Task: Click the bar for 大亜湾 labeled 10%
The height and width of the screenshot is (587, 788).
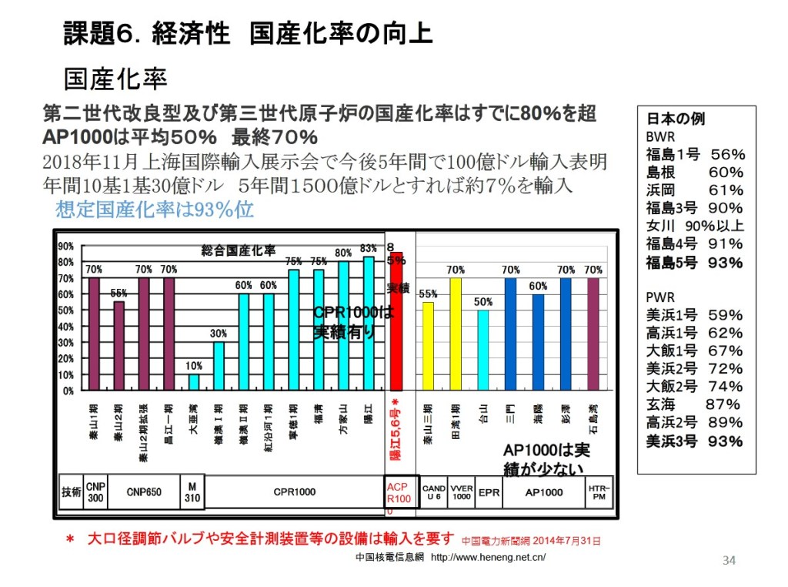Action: click(x=194, y=382)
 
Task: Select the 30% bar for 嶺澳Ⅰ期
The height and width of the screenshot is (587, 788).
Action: click(x=219, y=366)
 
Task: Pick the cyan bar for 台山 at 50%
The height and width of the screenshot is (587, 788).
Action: click(x=482, y=350)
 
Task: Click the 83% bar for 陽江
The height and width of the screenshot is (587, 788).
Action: click(x=368, y=324)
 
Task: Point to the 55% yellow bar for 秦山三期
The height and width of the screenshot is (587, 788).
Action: click(x=429, y=346)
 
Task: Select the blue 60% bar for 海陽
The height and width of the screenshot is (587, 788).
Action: click(x=538, y=342)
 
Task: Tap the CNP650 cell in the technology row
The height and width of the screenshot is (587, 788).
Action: click(x=143, y=491)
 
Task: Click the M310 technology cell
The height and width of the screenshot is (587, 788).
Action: click(x=192, y=491)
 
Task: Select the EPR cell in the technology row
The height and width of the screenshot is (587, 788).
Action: click(x=488, y=491)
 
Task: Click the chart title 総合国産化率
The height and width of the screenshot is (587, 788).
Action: click(x=239, y=250)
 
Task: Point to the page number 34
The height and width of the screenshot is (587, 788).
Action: click(x=729, y=560)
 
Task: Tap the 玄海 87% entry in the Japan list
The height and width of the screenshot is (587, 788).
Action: click(x=693, y=404)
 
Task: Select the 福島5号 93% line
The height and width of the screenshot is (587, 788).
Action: click(x=694, y=263)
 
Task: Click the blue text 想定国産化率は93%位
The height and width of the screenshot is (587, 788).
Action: click(x=155, y=210)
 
